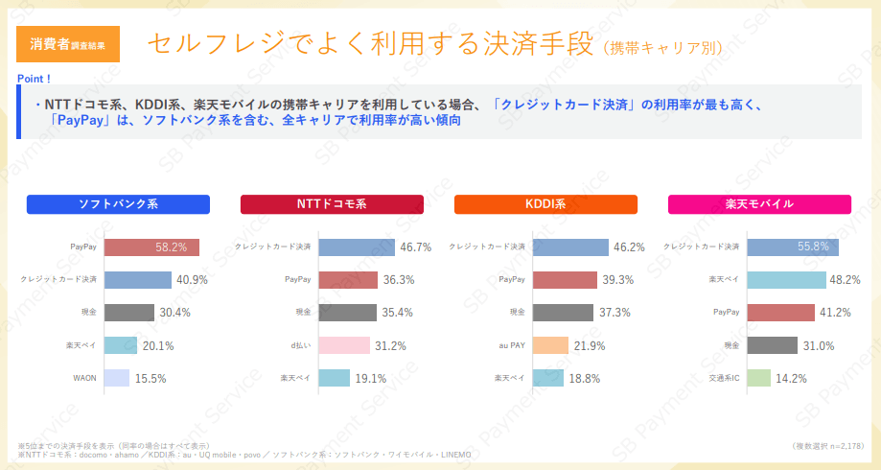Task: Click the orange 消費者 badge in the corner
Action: tap(67, 44)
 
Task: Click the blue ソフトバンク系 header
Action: tap(118, 204)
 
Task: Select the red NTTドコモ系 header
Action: tap(332, 204)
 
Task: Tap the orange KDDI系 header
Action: tap(545, 204)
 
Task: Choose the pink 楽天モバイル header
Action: tap(759, 204)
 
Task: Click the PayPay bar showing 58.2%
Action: tap(151, 247)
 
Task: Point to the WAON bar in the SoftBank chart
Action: tap(116, 378)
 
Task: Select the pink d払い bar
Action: tap(343, 345)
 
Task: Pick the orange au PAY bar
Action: tap(550, 345)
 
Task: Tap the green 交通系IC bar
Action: tap(758, 378)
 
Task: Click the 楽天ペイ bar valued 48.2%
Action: tap(785, 280)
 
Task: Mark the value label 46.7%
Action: tap(416, 247)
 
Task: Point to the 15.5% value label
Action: tap(151, 378)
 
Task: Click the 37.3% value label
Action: tap(614, 313)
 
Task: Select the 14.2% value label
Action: tap(791, 378)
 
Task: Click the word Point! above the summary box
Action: tap(35, 78)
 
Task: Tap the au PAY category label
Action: tap(511, 345)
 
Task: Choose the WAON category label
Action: tap(84, 378)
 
